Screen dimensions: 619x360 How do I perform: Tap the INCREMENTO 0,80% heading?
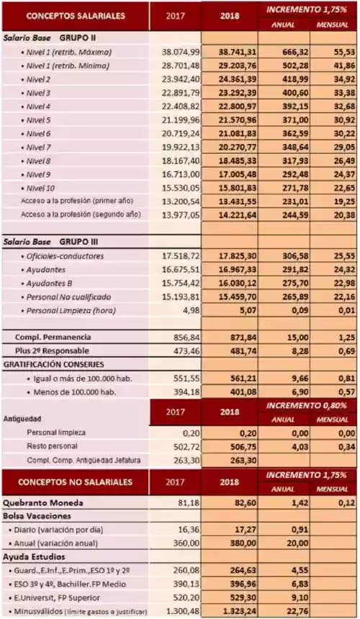click(x=312, y=406)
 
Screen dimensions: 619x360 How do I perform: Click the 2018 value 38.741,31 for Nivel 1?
click(x=230, y=52)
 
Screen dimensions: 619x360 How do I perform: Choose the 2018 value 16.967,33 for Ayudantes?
click(x=230, y=270)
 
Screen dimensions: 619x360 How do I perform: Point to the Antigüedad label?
click(x=22, y=417)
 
